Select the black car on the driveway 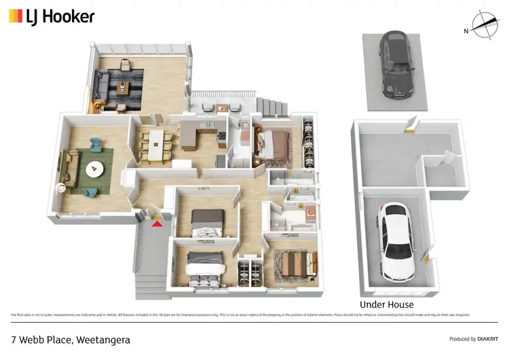pos(396,65)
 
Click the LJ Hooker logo pos(52,16)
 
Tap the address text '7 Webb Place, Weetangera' pos(70,339)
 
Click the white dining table pos(157,145)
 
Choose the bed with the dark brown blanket pos(207,221)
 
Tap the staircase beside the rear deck pos(274,106)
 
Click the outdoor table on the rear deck pos(222,107)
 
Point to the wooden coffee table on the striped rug pos(123,86)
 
